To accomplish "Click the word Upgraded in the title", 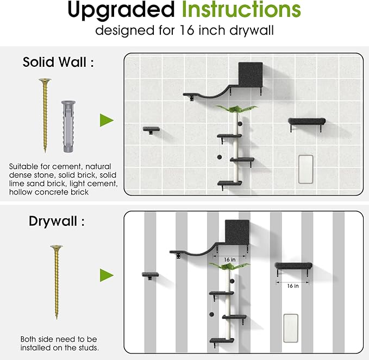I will [121, 10].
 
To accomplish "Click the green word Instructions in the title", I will [241, 10].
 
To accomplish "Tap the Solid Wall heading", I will [58, 62].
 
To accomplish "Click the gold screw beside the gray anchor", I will [43, 116].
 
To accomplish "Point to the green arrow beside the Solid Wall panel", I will [107, 120].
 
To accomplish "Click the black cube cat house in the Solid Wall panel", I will [250, 74].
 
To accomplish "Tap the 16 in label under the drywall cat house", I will [230, 260].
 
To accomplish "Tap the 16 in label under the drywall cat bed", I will [292, 285].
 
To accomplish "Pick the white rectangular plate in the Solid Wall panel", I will [306, 167].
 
